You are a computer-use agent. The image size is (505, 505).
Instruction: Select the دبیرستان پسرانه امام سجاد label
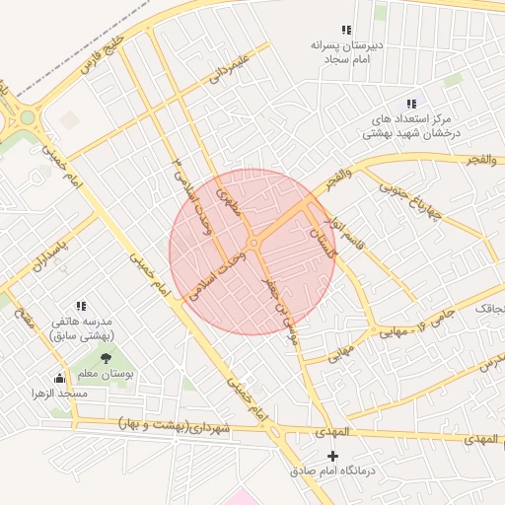(x=345, y=52)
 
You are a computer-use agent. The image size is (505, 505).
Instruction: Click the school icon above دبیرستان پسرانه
(x=345, y=31)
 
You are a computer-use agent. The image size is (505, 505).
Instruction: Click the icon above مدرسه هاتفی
(x=81, y=307)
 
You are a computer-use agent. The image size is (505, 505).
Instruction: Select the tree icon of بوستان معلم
(x=106, y=358)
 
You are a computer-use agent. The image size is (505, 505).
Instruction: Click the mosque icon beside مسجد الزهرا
(x=58, y=377)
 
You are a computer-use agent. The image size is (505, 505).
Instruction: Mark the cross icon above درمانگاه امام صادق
(x=332, y=456)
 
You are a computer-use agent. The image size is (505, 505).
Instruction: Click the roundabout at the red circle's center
(x=253, y=243)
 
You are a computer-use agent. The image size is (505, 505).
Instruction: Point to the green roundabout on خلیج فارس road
(x=27, y=117)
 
